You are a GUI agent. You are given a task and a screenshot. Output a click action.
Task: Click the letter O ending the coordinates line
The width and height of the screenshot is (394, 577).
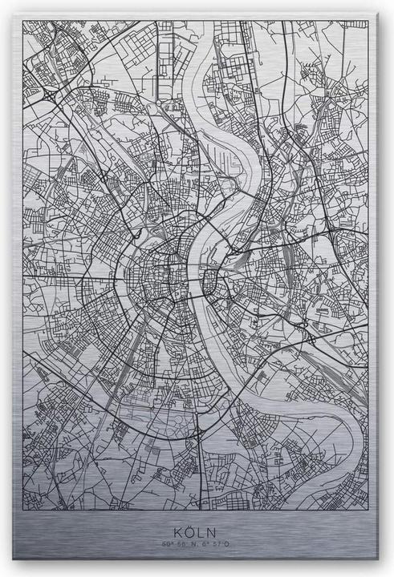227,545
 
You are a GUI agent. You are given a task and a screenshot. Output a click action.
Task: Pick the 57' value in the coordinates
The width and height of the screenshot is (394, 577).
218,545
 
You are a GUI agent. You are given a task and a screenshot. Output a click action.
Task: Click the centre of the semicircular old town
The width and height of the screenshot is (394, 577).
160,276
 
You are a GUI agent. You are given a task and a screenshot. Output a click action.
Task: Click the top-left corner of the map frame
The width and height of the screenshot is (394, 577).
23,22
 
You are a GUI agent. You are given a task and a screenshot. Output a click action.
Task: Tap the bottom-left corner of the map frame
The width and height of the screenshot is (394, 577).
23,510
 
